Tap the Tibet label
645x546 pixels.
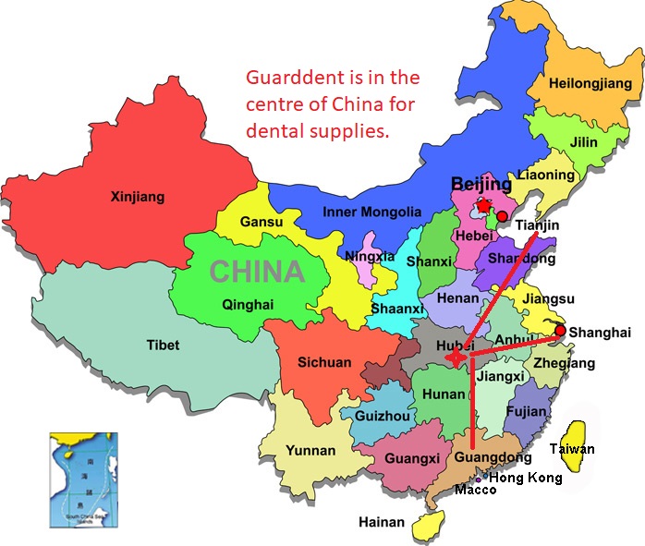tap(163, 346)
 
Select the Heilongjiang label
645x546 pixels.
tap(590, 84)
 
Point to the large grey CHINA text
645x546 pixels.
tap(257, 272)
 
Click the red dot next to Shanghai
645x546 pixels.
tap(560, 329)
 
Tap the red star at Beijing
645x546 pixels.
tap(482, 205)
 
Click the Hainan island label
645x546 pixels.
tap(382, 523)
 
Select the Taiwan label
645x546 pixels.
tap(572, 449)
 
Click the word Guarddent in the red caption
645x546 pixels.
tap(287, 77)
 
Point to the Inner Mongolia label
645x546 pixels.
tap(371, 212)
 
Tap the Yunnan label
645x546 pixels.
tap(311, 450)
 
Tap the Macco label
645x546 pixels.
tap(475, 490)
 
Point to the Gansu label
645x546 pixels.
tap(261, 223)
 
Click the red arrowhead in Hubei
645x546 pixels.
tap(452, 358)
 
